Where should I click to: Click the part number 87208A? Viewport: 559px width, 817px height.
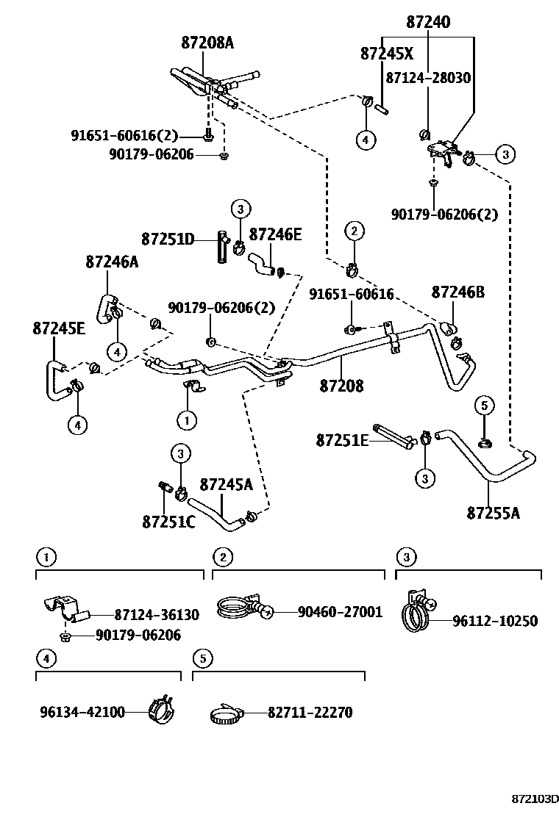pos(207,43)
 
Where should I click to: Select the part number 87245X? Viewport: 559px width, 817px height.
pos(387,54)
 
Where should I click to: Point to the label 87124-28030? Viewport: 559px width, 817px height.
pos(428,78)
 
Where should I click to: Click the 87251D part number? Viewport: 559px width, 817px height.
pos(168,240)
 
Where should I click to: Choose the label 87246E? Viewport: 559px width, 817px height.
pos(275,234)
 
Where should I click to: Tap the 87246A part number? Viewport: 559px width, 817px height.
pos(112,261)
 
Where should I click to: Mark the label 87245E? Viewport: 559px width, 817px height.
pos(59,328)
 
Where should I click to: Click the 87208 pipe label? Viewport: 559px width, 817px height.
pos(341,386)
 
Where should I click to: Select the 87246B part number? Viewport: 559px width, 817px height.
pos(457,292)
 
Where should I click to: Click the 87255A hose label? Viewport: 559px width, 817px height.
pos(493,512)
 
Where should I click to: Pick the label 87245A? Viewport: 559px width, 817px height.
pos(226,485)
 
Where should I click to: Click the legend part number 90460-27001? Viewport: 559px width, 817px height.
pos(340,611)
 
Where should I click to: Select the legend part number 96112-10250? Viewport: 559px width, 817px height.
pos(494,621)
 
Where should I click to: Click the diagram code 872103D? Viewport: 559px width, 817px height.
pos(535,798)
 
